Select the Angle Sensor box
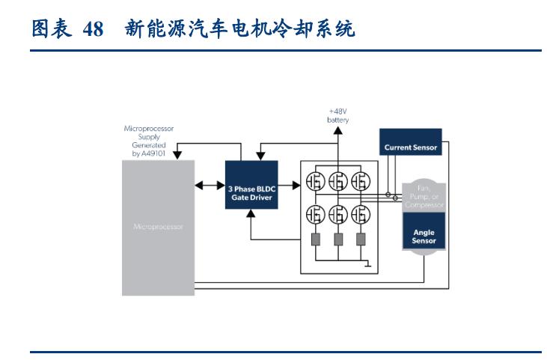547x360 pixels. [x=424, y=237]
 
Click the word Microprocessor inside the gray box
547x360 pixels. [x=157, y=225]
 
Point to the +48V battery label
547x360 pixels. [x=337, y=115]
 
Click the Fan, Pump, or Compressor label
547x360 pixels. [x=424, y=196]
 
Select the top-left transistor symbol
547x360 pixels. [x=315, y=181]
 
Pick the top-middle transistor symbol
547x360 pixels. [x=338, y=181]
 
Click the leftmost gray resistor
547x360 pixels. [x=315, y=240]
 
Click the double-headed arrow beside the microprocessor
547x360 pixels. [x=209, y=185]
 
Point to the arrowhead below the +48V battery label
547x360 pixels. [x=337, y=131]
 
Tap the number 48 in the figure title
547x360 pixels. [x=93, y=30]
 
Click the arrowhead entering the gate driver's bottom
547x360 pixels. [x=251, y=214]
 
